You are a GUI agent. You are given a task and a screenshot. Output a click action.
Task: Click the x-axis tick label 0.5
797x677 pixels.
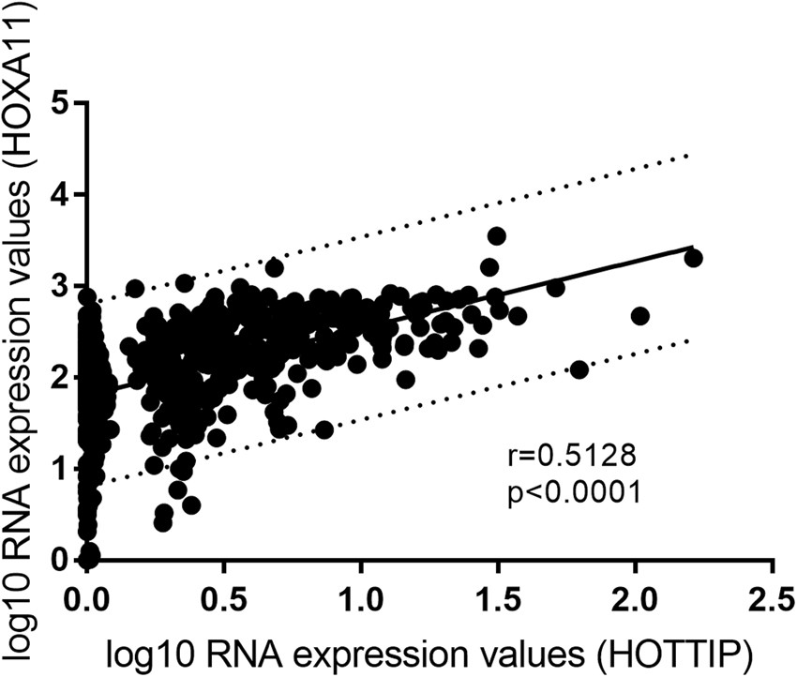point(223,597)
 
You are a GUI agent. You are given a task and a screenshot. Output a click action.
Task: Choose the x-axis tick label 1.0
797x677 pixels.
point(360,597)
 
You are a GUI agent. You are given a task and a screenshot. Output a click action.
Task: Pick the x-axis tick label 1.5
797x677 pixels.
point(498,597)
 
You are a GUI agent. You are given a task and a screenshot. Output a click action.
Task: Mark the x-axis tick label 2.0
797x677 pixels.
point(635,597)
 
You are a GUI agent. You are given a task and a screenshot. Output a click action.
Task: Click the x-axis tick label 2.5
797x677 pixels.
point(772,597)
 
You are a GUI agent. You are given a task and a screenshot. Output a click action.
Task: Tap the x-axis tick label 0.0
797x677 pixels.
point(86,597)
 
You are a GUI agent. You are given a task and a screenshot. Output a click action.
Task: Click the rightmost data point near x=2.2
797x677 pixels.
point(693,258)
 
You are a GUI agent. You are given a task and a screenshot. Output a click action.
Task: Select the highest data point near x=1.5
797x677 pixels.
point(497,235)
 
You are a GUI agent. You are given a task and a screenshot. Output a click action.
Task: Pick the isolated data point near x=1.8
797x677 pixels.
point(579,369)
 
